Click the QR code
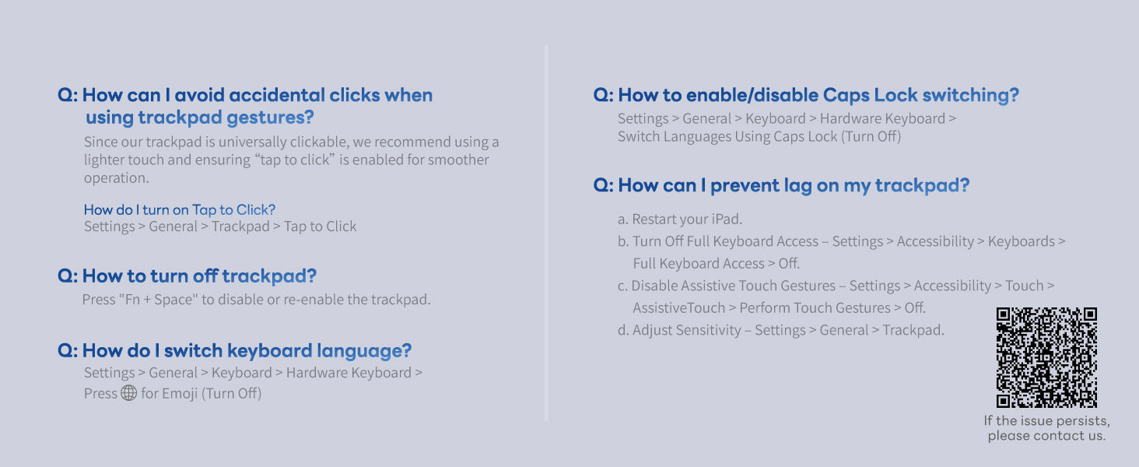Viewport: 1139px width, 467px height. pos(1046,357)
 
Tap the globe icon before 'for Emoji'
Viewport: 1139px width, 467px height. pos(128,393)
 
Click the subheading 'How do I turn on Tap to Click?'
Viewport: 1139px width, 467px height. pos(180,209)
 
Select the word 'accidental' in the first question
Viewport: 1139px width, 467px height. pos(276,95)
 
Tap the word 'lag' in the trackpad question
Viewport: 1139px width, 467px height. pos(797,186)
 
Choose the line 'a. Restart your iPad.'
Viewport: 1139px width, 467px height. pos(680,219)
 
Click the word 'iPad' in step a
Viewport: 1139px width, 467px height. pos(727,219)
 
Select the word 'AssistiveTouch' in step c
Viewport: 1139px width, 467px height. pos(679,307)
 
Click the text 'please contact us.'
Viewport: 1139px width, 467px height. pos(1046,436)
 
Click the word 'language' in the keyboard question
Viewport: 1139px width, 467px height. pos(364,351)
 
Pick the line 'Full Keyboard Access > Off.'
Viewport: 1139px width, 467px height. pos(716,264)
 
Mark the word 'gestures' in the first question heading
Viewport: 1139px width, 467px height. pos(270,118)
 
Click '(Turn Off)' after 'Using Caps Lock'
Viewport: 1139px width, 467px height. pos(871,136)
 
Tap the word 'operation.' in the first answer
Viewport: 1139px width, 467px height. pos(117,178)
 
